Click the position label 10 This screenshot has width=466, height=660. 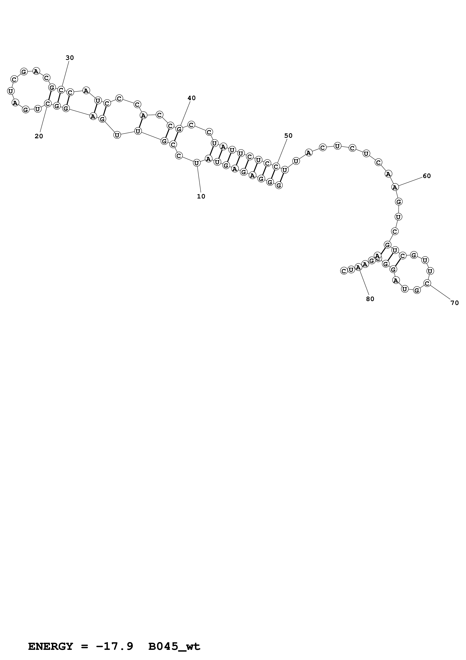tap(201, 196)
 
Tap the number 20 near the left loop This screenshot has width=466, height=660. tap(39, 136)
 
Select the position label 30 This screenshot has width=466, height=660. tap(70, 58)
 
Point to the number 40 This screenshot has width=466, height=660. tap(192, 98)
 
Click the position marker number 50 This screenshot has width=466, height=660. tap(288, 136)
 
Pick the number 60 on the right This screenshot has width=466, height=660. tap(427, 176)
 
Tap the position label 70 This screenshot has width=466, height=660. tap(455, 303)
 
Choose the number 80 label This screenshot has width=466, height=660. tap(370, 299)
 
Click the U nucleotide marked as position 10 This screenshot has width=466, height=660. tap(196, 163)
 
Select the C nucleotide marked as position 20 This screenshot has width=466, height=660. tap(48, 103)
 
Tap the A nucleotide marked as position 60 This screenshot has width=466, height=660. tap(395, 187)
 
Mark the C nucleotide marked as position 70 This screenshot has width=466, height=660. tap(427, 283)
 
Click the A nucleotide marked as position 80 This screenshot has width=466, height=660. tap(358, 267)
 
